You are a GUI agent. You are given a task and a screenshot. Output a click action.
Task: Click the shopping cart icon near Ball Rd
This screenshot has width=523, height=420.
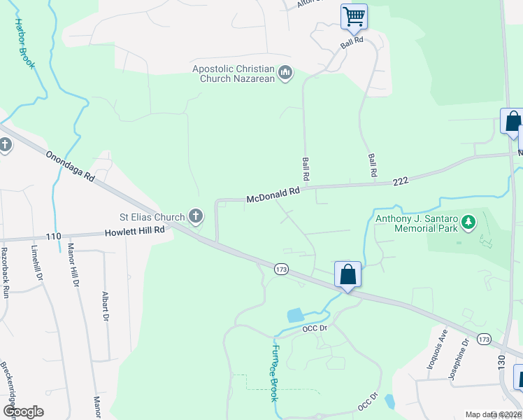click(x=354, y=15)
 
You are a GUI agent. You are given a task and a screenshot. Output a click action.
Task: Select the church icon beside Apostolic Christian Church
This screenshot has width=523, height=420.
click(x=285, y=73)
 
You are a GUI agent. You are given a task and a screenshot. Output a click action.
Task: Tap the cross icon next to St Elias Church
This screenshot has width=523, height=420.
click(x=196, y=217)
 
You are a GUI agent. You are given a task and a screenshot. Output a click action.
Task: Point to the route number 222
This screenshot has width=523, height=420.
click(x=400, y=181)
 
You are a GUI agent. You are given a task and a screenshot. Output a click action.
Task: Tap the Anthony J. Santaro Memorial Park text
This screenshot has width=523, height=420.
click(x=416, y=223)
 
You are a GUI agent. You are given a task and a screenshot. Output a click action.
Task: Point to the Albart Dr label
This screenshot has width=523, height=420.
click(x=106, y=306)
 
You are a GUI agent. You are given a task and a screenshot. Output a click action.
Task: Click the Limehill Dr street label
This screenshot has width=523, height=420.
click(x=36, y=265)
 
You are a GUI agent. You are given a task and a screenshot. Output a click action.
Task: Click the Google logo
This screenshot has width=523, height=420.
click(x=23, y=412)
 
